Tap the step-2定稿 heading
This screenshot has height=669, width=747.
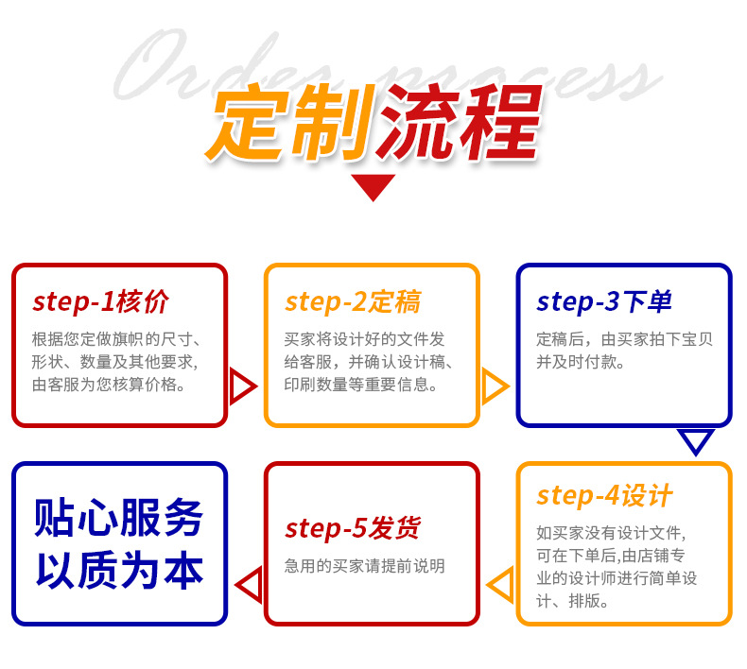tap(353, 301)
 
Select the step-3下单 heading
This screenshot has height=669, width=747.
tap(604, 301)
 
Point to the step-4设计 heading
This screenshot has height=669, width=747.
tap(604, 495)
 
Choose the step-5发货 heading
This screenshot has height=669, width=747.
tap(353, 528)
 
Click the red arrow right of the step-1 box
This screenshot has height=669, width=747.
tap(242, 386)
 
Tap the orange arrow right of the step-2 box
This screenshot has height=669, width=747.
tap(495, 386)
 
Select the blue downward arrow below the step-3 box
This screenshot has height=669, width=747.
tap(696, 440)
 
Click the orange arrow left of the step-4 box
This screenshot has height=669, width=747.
tap(501, 584)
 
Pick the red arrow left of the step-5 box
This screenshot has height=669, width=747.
tap(249, 584)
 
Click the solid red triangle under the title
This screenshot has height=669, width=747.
tap(373, 187)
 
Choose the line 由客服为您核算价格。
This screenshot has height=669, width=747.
tap(109, 385)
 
